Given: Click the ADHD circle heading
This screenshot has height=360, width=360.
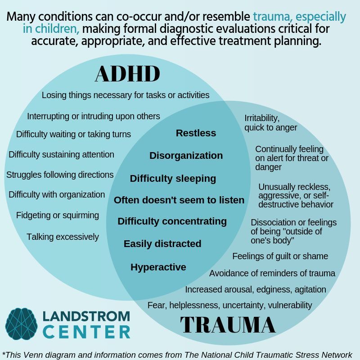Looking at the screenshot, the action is (x=127, y=73).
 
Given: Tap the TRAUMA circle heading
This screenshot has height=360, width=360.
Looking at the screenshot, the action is (x=228, y=324).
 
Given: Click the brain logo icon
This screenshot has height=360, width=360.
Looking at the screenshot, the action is (x=21, y=324).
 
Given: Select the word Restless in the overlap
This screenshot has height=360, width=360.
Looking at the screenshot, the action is (x=196, y=133).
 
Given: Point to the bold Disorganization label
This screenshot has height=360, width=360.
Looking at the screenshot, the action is (x=186, y=156).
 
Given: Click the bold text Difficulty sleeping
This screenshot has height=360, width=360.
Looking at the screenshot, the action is (x=173, y=179).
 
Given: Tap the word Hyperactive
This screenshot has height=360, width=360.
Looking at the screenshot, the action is (x=158, y=267).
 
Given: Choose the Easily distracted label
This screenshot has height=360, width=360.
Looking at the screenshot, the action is (x=162, y=244).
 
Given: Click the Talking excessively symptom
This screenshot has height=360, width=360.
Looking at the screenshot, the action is (x=63, y=237).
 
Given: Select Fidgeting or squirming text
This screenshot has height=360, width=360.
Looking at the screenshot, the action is (x=58, y=216).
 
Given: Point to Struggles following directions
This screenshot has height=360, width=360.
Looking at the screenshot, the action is (x=60, y=175).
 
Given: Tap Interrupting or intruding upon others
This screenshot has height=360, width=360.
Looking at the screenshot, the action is (x=94, y=117).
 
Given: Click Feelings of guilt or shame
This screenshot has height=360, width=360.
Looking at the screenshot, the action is (x=280, y=256).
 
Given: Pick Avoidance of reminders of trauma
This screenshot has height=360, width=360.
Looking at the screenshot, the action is (x=272, y=274).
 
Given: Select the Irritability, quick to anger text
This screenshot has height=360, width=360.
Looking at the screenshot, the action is (x=271, y=123).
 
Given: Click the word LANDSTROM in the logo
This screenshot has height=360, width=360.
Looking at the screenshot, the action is (x=86, y=316).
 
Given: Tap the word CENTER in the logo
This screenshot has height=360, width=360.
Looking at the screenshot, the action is (x=86, y=332).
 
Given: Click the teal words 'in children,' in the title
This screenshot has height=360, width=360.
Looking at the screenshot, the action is (x=51, y=29).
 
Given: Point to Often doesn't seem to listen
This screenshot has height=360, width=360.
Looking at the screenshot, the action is (x=179, y=200).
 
